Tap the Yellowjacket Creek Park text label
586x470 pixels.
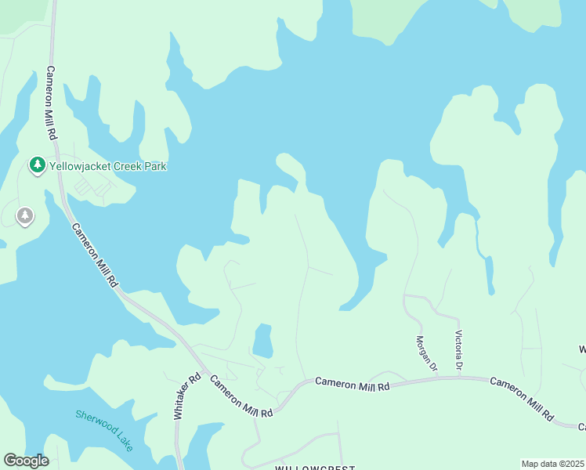point(108,166)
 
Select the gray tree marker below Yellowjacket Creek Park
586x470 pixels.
point(25,215)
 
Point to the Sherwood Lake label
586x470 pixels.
point(104,430)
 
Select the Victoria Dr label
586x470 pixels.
point(459,349)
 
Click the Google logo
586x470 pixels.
point(26,460)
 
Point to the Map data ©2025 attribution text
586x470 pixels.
point(552,464)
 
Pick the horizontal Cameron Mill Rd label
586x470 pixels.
point(352,384)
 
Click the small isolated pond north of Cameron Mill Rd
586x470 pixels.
point(262,341)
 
